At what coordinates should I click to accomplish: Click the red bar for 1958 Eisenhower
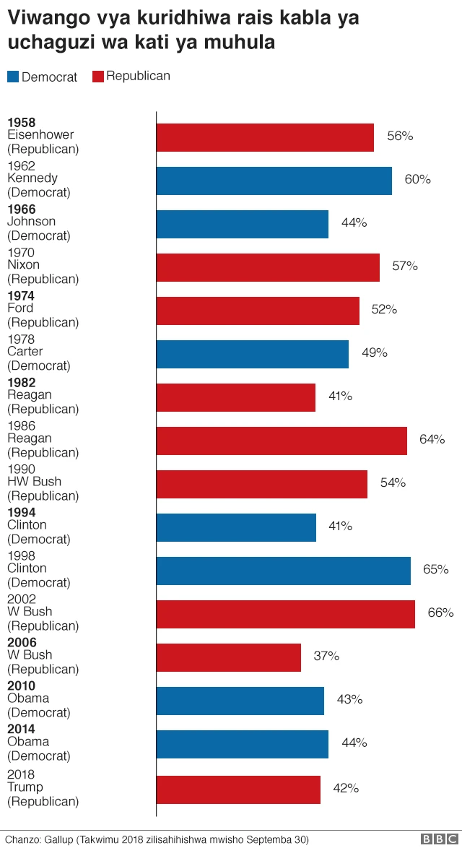pos(265,137)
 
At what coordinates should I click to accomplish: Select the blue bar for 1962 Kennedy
pos(274,181)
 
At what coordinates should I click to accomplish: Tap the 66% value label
pos(440,613)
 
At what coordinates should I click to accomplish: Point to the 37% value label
pos(326,656)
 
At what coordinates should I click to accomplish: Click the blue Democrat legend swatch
pos(13,77)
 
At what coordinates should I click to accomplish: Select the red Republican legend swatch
pos(98,77)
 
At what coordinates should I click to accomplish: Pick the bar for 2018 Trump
pos(238,789)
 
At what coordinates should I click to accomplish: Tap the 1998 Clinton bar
pos(283,571)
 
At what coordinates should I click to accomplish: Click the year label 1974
pos(21,296)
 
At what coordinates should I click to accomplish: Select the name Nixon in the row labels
pos(23,265)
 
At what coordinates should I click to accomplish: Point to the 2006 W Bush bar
pos(228,657)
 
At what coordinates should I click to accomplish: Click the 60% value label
pos(417,179)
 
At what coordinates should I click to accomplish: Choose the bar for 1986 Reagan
pos(282,441)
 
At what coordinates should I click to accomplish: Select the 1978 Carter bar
pos(252,354)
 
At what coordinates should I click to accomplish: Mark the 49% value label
pos(374,352)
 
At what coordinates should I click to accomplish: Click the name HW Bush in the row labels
pos(34,482)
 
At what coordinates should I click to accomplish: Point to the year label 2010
pos(21,686)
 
